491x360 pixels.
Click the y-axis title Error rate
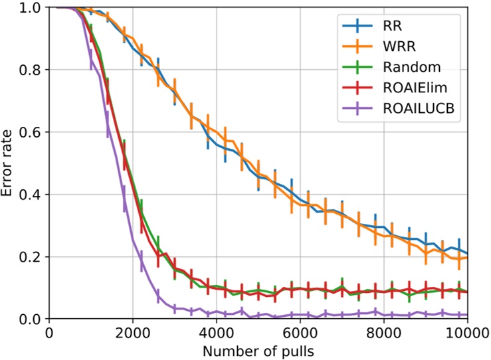tap(9, 163)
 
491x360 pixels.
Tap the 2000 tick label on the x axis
tap(132, 331)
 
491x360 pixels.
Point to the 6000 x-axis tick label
tap(300, 331)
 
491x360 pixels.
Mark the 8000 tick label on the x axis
tap(383, 331)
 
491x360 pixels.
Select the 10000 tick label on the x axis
tap(466, 331)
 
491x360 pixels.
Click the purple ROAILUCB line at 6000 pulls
tap(300, 315)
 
